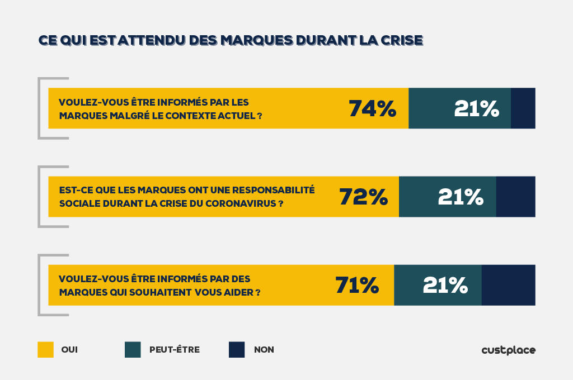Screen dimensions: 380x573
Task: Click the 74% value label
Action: coord(372,108)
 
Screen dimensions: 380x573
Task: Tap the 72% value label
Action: coord(363,197)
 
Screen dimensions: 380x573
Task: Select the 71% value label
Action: coord(357,285)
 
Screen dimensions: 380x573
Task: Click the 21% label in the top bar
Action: coord(476,108)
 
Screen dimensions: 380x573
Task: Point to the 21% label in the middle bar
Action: coord(460,197)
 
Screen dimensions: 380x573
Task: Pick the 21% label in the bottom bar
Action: coord(445,285)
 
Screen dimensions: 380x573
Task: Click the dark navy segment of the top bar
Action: coord(523,108)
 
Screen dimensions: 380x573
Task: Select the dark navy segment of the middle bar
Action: coord(515,197)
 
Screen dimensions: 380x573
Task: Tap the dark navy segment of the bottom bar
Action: coord(508,285)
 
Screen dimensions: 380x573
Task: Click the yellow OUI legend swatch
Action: coord(45,350)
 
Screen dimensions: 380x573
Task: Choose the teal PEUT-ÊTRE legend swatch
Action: coord(133,350)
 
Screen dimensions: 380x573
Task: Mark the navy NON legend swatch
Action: coord(237,350)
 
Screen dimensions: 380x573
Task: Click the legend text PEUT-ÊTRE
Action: coord(174,350)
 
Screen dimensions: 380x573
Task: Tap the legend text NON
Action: coord(264,350)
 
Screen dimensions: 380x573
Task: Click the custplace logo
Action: coord(508,350)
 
